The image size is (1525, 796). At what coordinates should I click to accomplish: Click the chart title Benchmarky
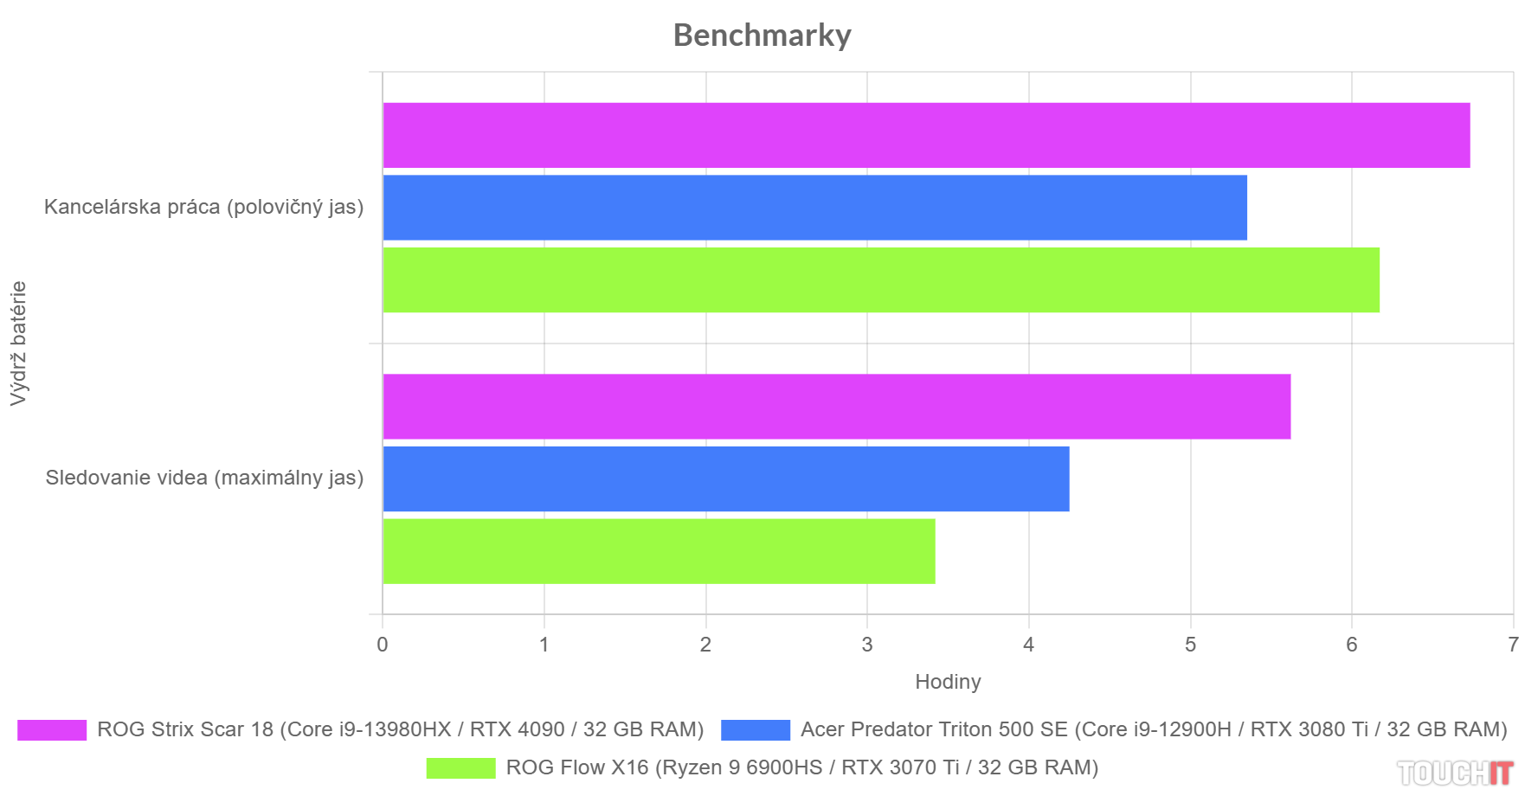tap(762, 35)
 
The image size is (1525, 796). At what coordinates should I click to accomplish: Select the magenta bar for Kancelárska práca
tap(926, 135)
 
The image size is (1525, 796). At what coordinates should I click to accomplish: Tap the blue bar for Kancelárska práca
tap(814, 208)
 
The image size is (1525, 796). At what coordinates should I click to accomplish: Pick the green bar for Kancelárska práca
tap(881, 279)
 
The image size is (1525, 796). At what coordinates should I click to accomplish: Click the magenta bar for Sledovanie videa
tap(836, 407)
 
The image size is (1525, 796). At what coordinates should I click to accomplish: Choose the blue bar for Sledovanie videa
tap(725, 478)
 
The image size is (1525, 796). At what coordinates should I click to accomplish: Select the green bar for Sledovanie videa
tap(659, 551)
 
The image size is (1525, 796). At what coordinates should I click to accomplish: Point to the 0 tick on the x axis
tap(383, 645)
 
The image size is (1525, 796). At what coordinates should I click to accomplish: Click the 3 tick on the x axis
tap(867, 645)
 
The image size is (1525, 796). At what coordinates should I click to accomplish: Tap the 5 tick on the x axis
tap(1190, 645)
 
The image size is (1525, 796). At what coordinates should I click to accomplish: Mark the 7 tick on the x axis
tap(1513, 645)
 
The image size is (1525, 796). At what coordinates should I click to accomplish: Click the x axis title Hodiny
tap(948, 682)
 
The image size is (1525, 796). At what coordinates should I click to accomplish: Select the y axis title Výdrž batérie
tap(18, 343)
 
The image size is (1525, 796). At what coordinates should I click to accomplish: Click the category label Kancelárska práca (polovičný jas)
tap(203, 207)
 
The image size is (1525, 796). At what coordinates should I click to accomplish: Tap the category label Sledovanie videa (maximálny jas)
tap(204, 478)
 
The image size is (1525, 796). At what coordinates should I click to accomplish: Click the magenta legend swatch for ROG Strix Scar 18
tap(52, 730)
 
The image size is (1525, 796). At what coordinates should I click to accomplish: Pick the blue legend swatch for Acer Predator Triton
tap(755, 730)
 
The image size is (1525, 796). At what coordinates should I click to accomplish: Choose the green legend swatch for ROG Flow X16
tap(460, 768)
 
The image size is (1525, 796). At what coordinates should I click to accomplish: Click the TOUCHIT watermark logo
tap(1455, 773)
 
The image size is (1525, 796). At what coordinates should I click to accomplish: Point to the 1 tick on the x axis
tap(544, 645)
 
